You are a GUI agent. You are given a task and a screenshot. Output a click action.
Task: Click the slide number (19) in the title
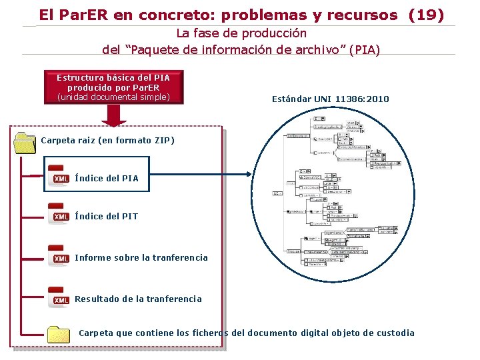426,15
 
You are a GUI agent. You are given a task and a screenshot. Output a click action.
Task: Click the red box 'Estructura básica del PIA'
113,87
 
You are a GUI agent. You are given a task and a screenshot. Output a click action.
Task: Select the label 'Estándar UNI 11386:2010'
331,99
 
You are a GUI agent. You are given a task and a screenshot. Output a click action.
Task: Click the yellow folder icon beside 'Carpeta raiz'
25,142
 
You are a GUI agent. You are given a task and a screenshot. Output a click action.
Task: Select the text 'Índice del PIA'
107,178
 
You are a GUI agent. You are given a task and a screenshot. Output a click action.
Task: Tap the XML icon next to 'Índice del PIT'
59,215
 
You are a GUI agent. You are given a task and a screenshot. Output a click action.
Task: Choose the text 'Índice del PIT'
107,216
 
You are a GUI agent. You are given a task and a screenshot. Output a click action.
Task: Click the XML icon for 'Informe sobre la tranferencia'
59,257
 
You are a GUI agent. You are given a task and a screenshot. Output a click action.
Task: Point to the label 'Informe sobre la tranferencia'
141,257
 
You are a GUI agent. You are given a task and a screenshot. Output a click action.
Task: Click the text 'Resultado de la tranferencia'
138,299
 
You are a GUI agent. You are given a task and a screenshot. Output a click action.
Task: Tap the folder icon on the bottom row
59,333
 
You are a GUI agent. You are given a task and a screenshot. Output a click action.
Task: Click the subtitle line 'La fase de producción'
241,33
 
